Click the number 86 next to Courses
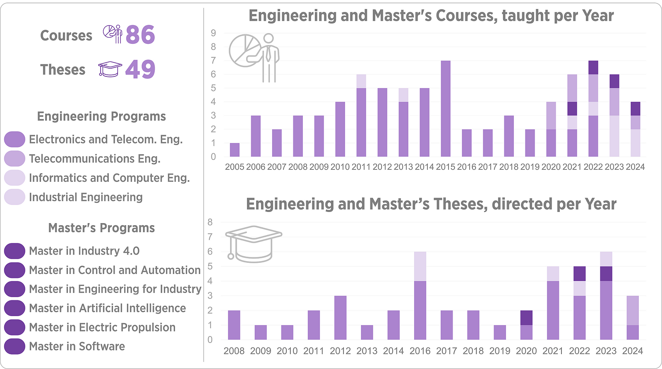click(140, 35)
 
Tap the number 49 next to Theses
click(140, 69)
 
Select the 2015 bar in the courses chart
click(445, 109)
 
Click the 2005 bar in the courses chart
click(235, 150)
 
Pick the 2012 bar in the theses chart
click(340, 318)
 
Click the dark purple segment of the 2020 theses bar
click(526, 318)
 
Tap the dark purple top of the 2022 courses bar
click(593, 68)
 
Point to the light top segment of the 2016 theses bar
click(420, 266)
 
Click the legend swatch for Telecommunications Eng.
click(14, 159)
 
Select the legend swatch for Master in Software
click(14, 346)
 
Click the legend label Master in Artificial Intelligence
click(108, 308)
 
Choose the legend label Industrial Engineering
click(86, 197)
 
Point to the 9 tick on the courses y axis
click(213, 33)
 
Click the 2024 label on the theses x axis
click(633, 351)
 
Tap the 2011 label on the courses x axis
click(361, 167)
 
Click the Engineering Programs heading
click(101, 116)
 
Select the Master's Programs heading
click(101, 228)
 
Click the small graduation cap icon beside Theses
click(110, 69)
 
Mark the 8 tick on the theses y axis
click(210, 222)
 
